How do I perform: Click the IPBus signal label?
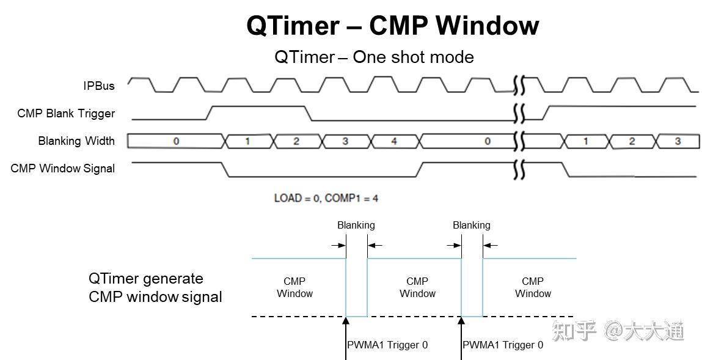[x=99, y=86]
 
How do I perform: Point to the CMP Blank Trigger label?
[x=66, y=114]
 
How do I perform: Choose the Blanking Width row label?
[x=76, y=141]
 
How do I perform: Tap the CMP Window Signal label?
[x=63, y=169]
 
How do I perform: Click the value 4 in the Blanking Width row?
[x=394, y=141]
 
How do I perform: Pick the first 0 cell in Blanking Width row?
[x=176, y=141]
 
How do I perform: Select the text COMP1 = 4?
[x=351, y=198]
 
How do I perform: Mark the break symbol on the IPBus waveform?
[x=519, y=86]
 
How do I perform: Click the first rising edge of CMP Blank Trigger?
[x=210, y=113]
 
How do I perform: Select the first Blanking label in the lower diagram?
[x=356, y=225]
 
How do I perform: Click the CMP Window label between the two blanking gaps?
[x=417, y=287]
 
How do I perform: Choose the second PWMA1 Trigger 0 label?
[x=503, y=345]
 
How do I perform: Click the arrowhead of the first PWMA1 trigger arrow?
[x=346, y=321]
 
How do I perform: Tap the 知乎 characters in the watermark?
[x=574, y=331]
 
